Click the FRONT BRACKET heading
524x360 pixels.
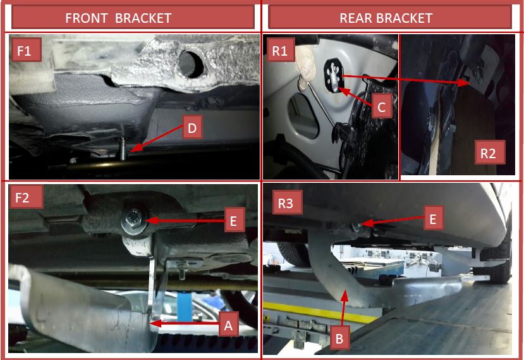pos(118,18)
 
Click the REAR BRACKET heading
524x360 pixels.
pos(386,18)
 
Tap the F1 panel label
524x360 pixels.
pos(24,51)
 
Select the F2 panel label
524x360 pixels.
pos(22,197)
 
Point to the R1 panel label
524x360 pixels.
pos(280,51)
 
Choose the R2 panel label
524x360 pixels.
pos(488,153)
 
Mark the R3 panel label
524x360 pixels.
pos(286,203)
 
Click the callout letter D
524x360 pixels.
pos(192,128)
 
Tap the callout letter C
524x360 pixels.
pos(381,107)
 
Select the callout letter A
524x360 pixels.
pos(228,325)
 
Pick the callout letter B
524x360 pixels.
pos(339,338)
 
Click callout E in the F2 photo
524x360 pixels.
pos(233,220)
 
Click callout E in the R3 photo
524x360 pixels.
pos(433,219)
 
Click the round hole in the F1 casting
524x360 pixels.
pos(191,64)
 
